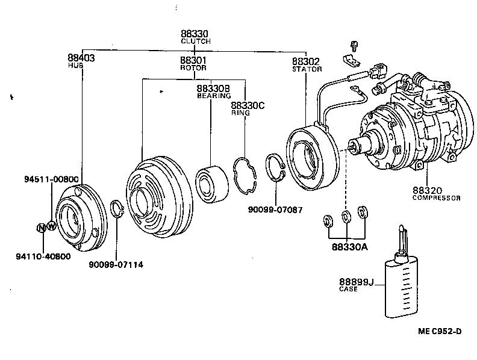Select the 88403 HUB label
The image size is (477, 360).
pyautogui.click(x=81, y=61)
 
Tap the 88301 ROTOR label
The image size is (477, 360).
pyautogui.click(x=193, y=64)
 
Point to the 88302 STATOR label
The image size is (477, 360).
pyautogui.click(x=306, y=64)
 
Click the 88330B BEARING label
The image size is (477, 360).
pyautogui.click(x=214, y=92)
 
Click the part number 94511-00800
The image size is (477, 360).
pyautogui.click(x=52, y=179)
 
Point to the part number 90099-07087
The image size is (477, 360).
pyautogui.click(x=275, y=209)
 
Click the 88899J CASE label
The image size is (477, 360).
pyautogui.click(x=356, y=284)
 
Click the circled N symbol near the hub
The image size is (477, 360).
pyautogui.click(x=41, y=228)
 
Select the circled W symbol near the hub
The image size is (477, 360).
pyautogui.click(x=51, y=227)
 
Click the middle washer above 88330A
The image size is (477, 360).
pyautogui.click(x=346, y=216)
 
